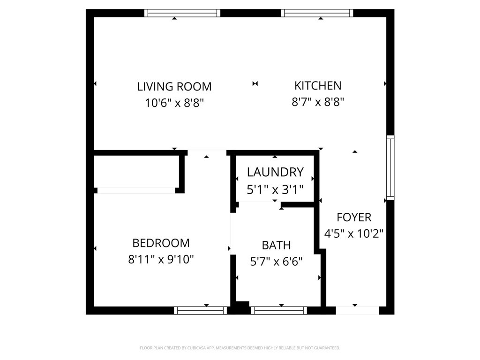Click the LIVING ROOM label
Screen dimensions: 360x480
click(x=174, y=87)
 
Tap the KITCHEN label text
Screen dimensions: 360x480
click(x=318, y=86)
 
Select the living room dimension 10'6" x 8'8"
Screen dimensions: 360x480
click(x=174, y=103)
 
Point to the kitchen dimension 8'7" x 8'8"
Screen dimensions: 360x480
click(x=318, y=102)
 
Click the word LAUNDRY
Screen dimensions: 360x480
click(x=275, y=172)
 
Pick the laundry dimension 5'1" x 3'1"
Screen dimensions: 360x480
click(x=275, y=189)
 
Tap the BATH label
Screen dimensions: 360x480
click(x=276, y=245)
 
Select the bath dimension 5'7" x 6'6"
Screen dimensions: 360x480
click(x=276, y=262)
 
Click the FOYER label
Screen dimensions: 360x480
click(x=354, y=217)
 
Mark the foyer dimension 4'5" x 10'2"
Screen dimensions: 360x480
click(x=354, y=233)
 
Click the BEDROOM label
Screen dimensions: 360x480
click(x=161, y=243)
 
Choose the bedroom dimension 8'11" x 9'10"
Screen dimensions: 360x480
click(x=161, y=259)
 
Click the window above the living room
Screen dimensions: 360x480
click(x=182, y=13)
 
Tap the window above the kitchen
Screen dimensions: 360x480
click(x=317, y=13)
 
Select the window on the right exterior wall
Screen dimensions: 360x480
click(x=390, y=167)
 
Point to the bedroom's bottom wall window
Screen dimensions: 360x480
click(x=201, y=310)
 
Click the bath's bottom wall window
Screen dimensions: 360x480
click(x=279, y=310)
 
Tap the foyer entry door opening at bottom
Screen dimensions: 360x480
click(x=357, y=310)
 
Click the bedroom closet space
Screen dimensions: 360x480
click(x=136, y=171)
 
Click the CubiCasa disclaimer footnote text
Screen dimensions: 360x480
click(x=240, y=348)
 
